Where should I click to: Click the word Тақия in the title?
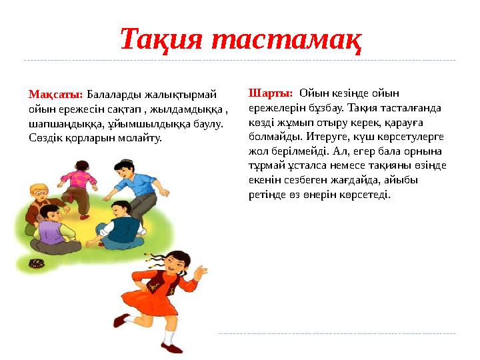[161, 41]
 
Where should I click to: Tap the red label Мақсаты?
[56, 95]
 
